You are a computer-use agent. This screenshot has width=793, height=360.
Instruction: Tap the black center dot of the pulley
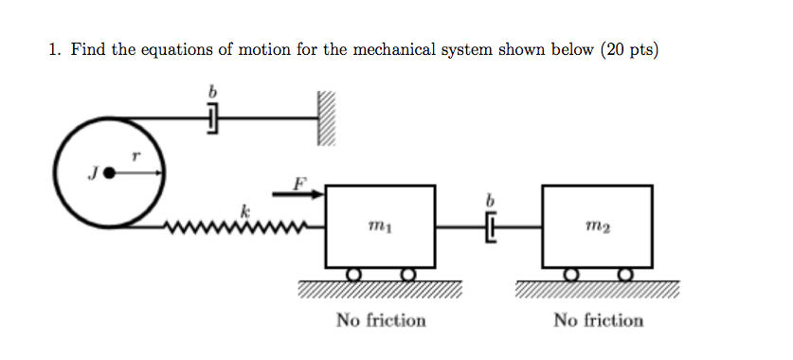(110, 173)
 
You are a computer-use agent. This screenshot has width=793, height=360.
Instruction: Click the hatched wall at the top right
(326, 119)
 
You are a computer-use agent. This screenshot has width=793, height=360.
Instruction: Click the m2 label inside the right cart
(598, 226)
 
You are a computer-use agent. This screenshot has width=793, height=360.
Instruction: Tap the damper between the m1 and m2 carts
(490, 227)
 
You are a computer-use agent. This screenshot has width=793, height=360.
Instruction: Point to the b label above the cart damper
(490, 201)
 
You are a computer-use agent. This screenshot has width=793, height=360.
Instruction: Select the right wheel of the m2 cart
(625, 275)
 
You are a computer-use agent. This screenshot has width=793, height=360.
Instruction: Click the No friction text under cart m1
(381, 320)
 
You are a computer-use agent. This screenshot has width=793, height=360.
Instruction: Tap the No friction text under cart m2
(598, 320)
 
